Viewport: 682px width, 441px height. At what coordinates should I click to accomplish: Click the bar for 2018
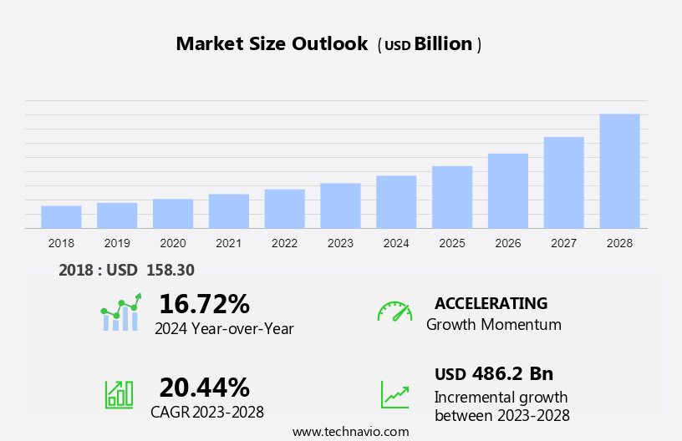click(61, 216)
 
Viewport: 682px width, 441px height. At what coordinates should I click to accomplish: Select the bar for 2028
click(619, 171)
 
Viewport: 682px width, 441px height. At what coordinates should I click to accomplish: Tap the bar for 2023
click(340, 205)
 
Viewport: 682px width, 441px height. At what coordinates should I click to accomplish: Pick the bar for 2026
click(508, 190)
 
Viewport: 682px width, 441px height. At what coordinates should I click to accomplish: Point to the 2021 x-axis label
click(228, 243)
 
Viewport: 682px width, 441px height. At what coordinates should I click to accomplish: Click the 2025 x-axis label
click(452, 243)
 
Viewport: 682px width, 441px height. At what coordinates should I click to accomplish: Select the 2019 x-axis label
click(117, 243)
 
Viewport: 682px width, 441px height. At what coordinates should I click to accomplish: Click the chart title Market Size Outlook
click(272, 44)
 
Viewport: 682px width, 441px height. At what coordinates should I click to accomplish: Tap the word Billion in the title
click(443, 44)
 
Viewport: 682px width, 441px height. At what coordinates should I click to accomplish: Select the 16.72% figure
click(204, 303)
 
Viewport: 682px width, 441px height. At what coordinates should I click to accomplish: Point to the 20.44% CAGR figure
click(204, 387)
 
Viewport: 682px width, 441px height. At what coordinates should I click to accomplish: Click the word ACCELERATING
click(491, 303)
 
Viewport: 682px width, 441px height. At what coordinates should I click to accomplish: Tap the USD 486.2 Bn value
click(493, 373)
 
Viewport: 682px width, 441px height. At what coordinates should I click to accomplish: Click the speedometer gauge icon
click(394, 312)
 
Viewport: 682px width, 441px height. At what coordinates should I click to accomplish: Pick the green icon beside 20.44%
click(119, 393)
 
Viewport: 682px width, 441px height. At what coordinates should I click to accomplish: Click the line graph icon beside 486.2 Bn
click(394, 394)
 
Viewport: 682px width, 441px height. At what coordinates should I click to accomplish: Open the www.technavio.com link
click(350, 432)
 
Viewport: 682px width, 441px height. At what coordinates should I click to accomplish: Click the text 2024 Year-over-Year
click(224, 329)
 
